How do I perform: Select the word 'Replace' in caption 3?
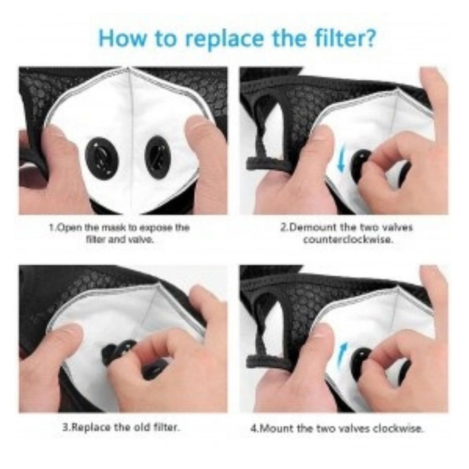click(x=88, y=427)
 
